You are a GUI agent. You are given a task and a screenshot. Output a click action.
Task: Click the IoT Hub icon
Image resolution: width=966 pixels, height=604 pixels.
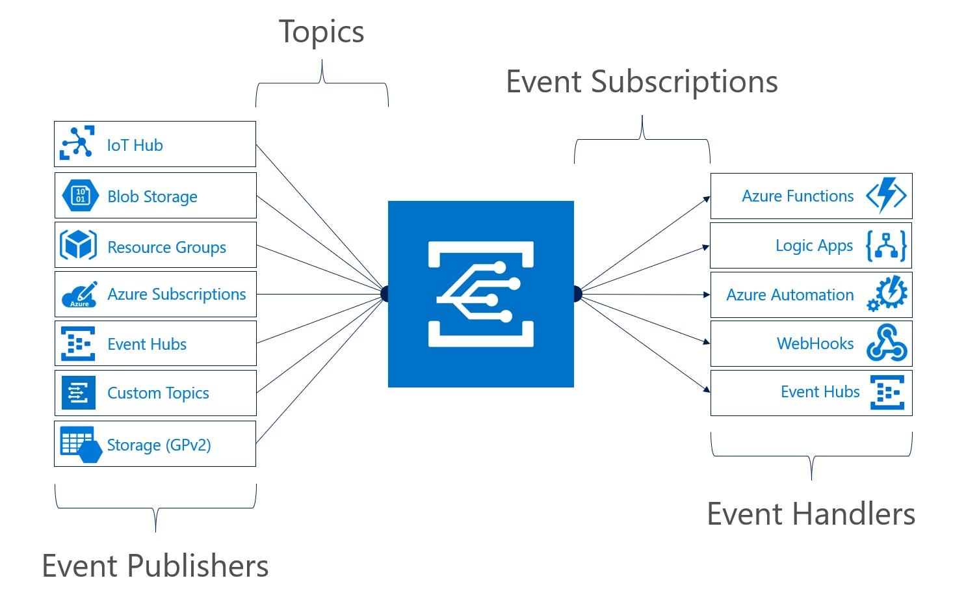pyautogui.click(x=77, y=143)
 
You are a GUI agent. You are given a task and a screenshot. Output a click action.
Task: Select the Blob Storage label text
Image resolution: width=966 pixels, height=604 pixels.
pyautogui.click(x=152, y=196)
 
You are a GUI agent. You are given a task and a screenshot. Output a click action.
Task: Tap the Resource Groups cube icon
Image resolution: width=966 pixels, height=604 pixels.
pyautogui.click(x=79, y=245)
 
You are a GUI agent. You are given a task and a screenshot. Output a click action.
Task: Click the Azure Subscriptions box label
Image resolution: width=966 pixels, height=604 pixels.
pyautogui.click(x=176, y=295)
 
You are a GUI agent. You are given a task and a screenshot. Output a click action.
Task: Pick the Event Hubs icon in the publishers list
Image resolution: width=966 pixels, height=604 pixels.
pyautogui.click(x=78, y=344)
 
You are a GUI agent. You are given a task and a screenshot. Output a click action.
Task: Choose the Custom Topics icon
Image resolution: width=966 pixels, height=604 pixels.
pyautogui.click(x=79, y=393)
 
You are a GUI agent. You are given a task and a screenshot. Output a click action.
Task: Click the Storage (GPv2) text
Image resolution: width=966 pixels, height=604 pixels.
pyautogui.click(x=159, y=445)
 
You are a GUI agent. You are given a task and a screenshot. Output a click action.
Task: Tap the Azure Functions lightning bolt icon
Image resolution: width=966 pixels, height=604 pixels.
pyautogui.click(x=886, y=195)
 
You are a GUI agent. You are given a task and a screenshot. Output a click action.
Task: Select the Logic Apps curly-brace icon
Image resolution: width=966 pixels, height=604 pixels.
pyautogui.click(x=886, y=246)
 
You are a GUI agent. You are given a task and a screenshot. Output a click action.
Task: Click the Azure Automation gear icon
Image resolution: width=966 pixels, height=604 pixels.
pyautogui.click(x=888, y=294)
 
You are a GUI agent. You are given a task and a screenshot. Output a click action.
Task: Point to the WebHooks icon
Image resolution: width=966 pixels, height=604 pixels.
pyautogui.click(x=887, y=343)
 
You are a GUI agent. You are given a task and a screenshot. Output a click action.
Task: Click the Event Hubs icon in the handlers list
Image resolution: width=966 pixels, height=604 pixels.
pyautogui.click(x=887, y=393)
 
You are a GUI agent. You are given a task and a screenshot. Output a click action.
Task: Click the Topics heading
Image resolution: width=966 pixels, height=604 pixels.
pyautogui.click(x=321, y=32)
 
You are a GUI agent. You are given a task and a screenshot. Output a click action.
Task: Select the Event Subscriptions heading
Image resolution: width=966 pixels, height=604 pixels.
pyautogui.click(x=642, y=82)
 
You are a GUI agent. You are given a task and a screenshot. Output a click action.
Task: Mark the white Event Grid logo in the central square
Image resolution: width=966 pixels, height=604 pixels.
pyautogui.click(x=481, y=294)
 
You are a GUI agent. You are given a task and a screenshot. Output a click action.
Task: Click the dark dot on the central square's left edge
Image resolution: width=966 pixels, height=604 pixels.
pyautogui.click(x=385, y=295)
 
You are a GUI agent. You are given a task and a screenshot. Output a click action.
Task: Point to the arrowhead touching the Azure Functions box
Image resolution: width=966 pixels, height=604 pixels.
pyautogui.click(x=707, y=199)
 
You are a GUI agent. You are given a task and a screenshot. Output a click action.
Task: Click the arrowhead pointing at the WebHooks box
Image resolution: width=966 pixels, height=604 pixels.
pyautogui.click(x=707, y=341)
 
